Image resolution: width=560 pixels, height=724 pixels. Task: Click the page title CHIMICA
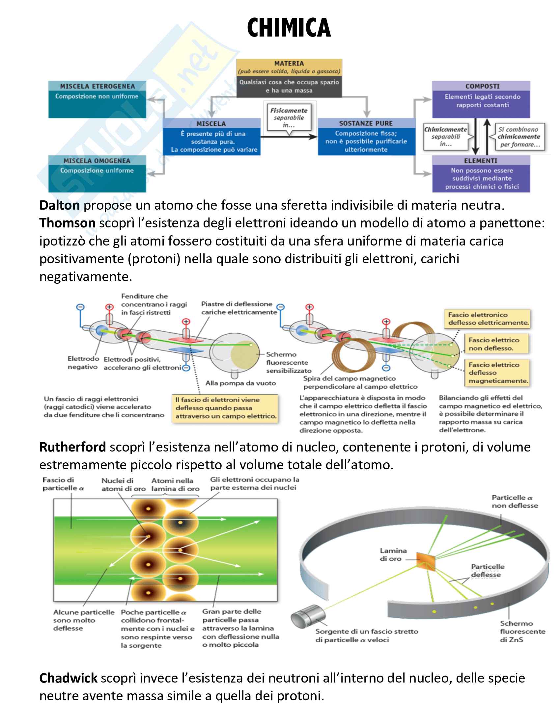289,28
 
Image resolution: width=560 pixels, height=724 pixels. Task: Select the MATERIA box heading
289,64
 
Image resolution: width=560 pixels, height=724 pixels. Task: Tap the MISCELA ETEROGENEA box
97,99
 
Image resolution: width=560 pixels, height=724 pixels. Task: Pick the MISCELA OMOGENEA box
97,173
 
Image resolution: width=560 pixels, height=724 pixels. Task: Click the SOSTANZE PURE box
366,137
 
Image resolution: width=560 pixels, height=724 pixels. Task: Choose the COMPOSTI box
481,99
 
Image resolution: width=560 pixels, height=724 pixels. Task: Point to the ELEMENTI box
481,174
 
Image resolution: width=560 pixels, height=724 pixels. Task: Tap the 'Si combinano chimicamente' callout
519,137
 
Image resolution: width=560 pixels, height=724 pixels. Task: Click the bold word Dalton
59,205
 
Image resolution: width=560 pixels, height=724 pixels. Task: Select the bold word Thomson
67,223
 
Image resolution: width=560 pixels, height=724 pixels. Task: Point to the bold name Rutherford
73,447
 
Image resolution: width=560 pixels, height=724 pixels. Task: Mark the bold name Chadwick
68,678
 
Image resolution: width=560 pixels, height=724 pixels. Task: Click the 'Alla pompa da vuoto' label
240,383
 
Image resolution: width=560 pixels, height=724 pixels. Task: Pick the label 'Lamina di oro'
393,555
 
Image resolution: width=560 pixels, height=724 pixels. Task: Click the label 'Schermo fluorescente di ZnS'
522,632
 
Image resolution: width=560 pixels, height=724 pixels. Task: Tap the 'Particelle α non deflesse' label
515,502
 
